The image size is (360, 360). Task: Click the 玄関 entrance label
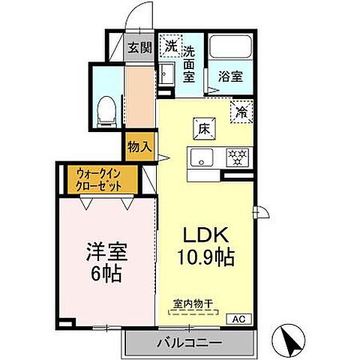(138, 49)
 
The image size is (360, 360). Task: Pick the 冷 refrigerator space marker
(242, 112)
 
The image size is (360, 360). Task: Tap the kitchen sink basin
(202, 158)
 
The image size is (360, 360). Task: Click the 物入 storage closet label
(139, 145)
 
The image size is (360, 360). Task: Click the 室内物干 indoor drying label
(193, 304)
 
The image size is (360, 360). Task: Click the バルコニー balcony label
(189, 343)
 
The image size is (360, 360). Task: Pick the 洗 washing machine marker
(170, 46)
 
